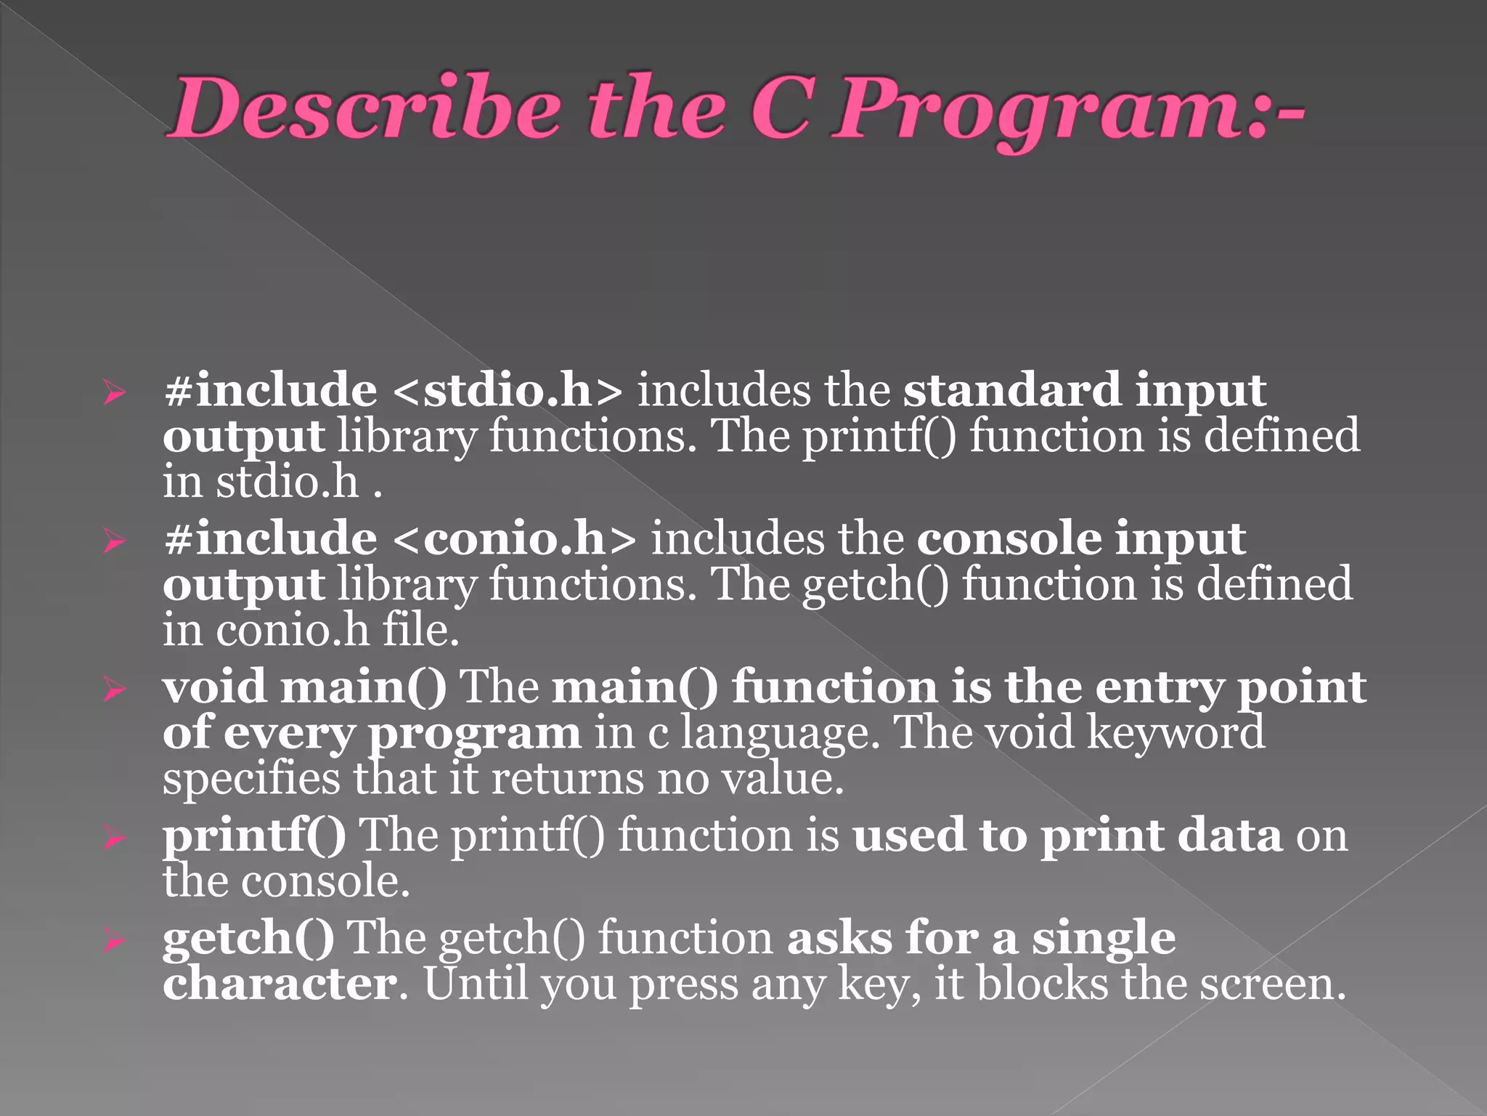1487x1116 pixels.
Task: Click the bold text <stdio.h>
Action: (508, 391)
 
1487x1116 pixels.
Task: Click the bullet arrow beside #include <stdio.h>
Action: (114, 393)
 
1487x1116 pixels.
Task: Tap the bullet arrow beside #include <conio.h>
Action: (114, 541)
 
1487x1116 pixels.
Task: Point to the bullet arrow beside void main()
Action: (114, 690)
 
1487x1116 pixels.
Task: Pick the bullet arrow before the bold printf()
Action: (114, 838)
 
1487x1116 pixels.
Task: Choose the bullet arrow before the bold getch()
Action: (114, 941)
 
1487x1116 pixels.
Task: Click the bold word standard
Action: (1012, 390)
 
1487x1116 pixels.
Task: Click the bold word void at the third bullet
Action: (214, 687)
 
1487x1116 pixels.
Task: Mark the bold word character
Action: (280, 984)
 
